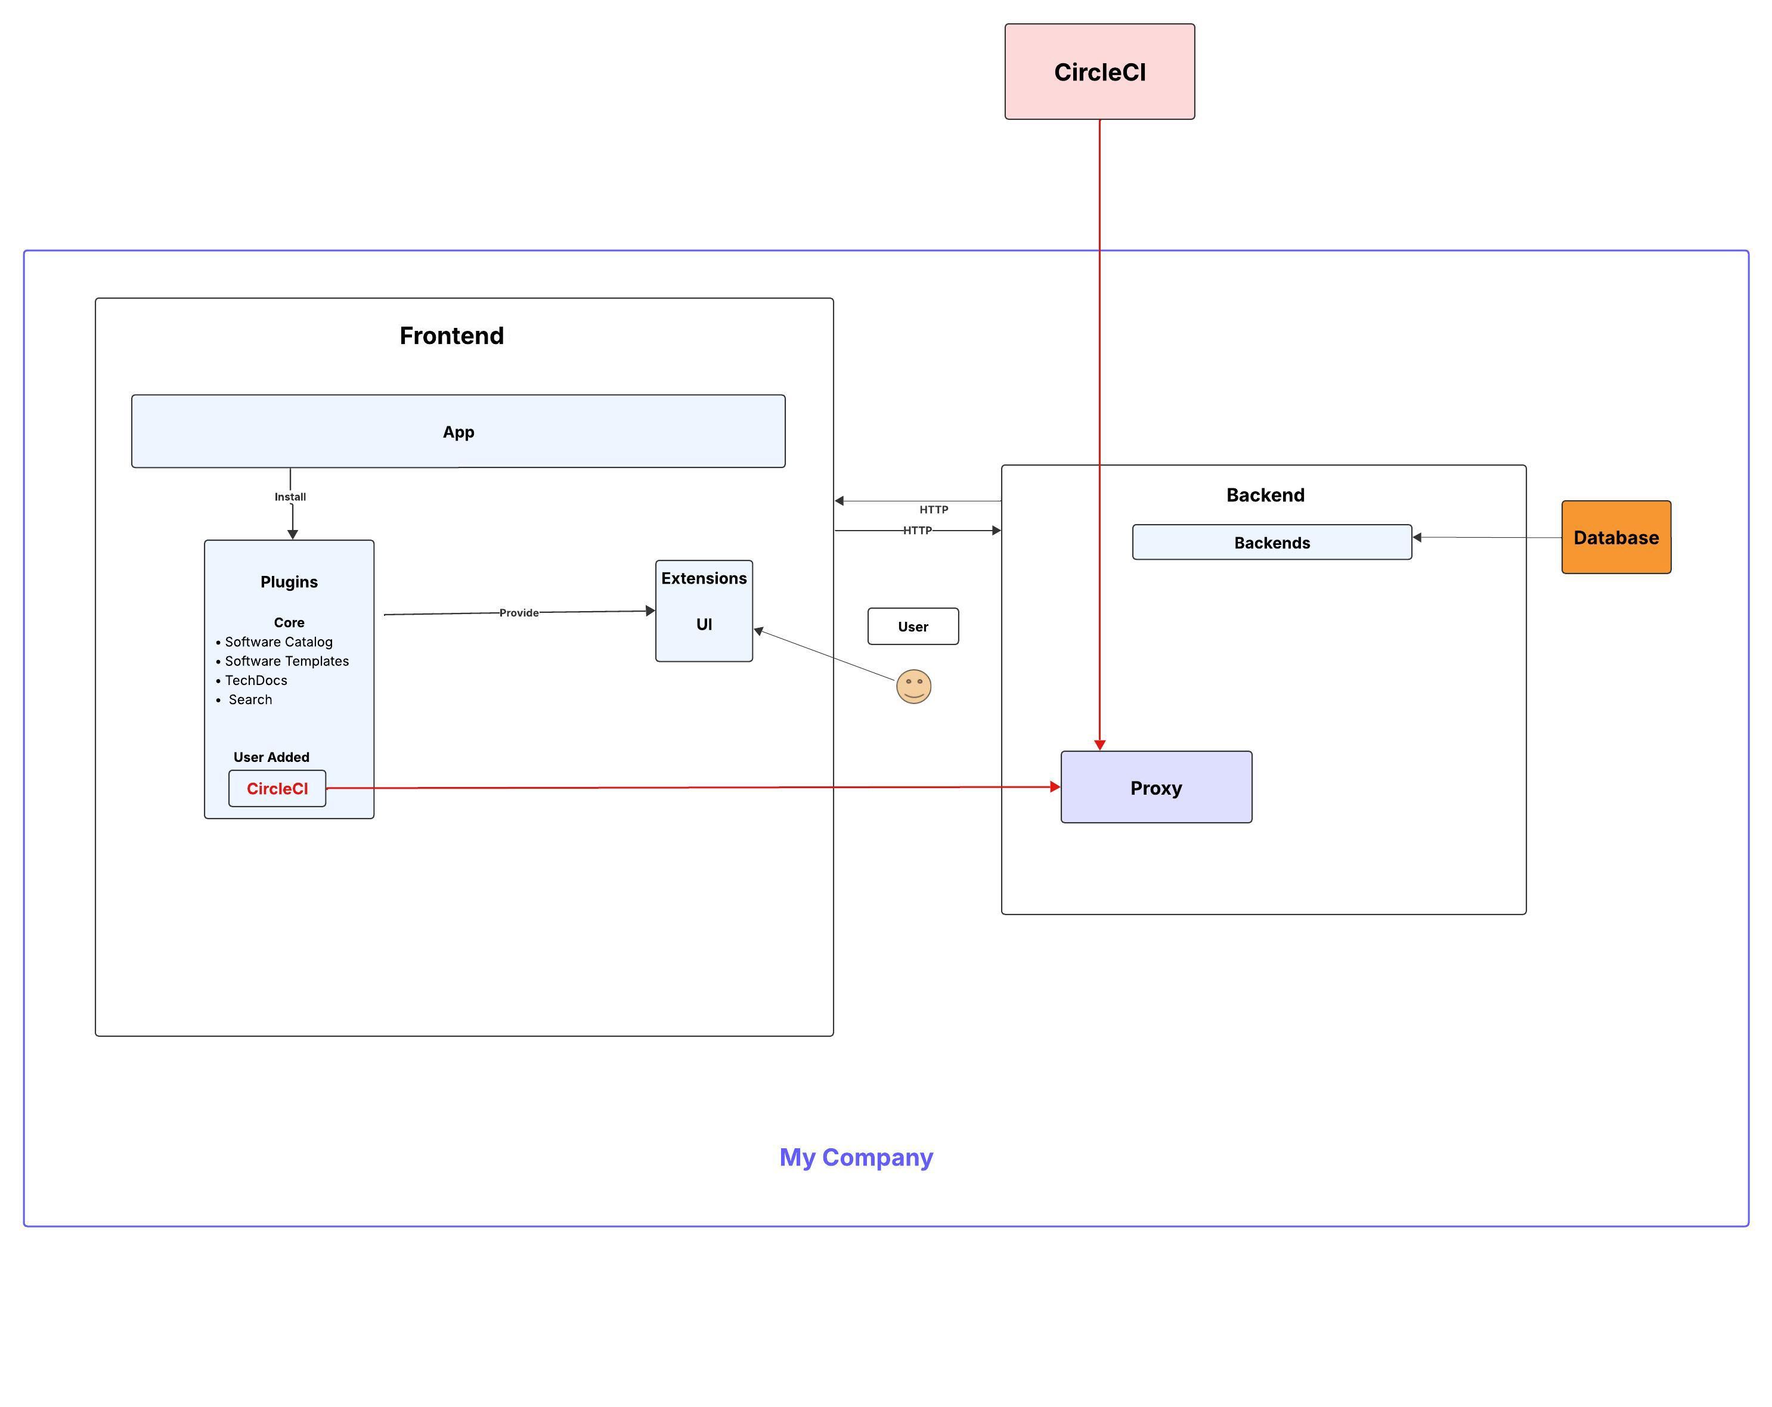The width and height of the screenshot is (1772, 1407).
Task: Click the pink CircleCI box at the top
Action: click(1099, 72)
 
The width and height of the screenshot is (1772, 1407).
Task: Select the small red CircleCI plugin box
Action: click(277, 788)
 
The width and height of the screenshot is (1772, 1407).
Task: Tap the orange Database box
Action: click(1615, 538)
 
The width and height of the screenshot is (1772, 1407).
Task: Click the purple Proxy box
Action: click(1155, 788)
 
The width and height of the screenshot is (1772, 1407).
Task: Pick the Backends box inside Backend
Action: click(1272, 543)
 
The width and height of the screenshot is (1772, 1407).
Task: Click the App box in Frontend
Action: click(458, 432)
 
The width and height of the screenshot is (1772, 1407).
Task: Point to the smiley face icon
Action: click(913, 686)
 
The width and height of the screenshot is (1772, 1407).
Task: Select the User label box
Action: click(912, 626)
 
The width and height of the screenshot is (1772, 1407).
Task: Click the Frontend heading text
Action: click(451, 335)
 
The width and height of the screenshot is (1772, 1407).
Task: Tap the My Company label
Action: click(856, 1157)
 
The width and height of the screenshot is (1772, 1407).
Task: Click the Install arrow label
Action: click(290, 497)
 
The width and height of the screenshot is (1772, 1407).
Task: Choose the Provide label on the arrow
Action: click(519, 612)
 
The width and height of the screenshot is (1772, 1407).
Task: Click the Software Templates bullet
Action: click(286, 661)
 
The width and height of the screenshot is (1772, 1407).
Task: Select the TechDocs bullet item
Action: click(256, 680)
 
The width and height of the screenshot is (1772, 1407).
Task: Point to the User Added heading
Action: click(271, 757)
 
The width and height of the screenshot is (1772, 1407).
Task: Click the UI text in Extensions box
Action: click(704, 624)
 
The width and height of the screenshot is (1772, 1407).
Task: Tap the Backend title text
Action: click(1265, 495)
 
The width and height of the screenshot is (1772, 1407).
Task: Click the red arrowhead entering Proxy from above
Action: click(1099, 745)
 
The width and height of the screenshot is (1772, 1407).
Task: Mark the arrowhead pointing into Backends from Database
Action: click(1417, 537)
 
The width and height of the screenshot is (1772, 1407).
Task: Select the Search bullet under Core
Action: click(250, 699)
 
